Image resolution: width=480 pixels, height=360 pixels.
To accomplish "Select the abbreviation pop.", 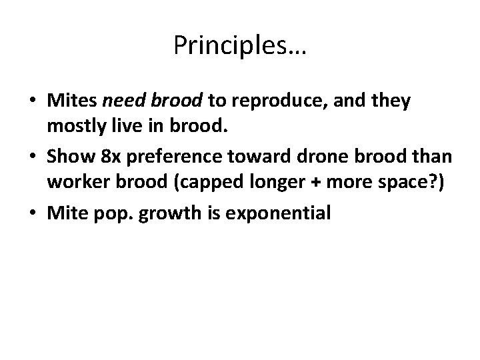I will point(121,213).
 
